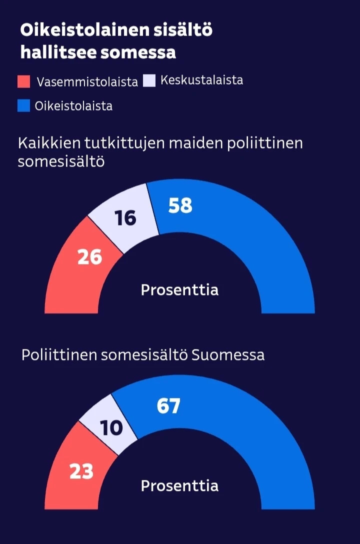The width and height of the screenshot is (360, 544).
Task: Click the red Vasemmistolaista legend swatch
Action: click(24, 81)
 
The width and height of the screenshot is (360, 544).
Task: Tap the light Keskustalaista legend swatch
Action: click(149, 80)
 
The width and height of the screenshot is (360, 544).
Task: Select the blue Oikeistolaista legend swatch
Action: click(24, 105)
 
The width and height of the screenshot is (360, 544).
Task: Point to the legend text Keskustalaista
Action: click(202, 80)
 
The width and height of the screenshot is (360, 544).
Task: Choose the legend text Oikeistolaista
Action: click(73, 106)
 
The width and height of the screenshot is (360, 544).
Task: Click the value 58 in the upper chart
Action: click(180, 205)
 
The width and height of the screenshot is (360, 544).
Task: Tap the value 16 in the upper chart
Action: click(125, 218)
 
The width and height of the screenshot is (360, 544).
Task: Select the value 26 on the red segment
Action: click(90, 257)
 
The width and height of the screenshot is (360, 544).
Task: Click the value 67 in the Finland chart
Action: click(168, 406)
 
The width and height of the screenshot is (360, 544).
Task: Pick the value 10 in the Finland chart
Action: click(111, 428)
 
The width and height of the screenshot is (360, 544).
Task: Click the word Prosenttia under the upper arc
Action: click(179, 290)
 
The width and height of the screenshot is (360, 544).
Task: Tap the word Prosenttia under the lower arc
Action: click(179, 486)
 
